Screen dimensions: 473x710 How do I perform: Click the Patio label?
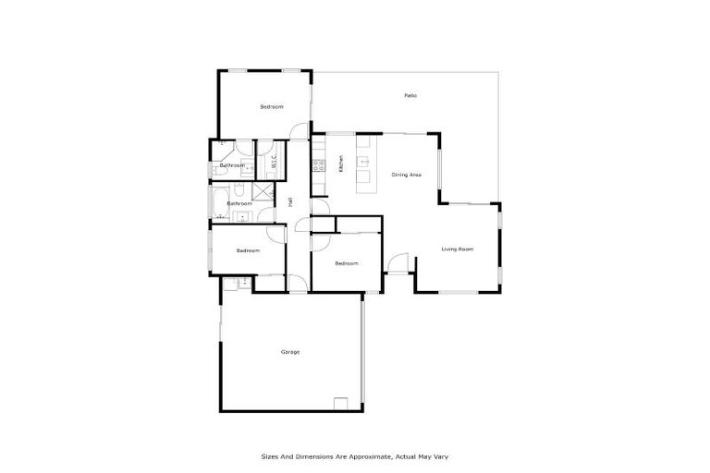coord(410,96)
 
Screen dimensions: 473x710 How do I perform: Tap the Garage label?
coord(290,352)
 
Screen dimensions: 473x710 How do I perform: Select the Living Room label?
coord(457,249)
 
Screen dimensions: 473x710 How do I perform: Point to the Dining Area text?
coord(407,174)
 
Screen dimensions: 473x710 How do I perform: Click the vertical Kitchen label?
coord(341,164)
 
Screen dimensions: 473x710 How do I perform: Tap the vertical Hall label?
coord(290,200)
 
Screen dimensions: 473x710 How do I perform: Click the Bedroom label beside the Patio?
coord(271,107)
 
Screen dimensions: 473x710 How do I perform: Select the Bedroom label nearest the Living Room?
coord(346,264)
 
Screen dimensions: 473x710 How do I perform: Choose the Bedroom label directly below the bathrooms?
coord(247,250)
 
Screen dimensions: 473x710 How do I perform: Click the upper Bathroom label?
coord(232,165)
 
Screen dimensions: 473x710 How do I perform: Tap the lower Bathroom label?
coord(239,202)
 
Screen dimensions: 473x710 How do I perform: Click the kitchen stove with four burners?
coord(318,166)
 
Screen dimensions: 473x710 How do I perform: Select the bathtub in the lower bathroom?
coord(219,202)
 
